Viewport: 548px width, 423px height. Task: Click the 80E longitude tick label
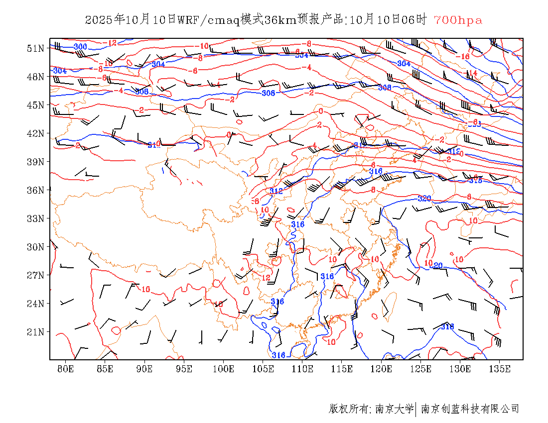click(66, 369)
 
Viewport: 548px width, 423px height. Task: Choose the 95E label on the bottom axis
click(184, 369)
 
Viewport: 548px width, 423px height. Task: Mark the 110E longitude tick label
click(302, 369)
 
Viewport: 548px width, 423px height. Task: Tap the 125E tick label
click(421, 369)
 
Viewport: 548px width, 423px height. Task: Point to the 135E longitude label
click(500, 369)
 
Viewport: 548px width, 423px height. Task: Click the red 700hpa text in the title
click(458, 20)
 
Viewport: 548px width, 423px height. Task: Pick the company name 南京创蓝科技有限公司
click(470, 409)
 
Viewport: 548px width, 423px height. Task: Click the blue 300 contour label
click(80, 47)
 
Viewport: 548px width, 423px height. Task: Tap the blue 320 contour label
click(424, 199)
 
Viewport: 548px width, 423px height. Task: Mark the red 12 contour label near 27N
click(266, 277)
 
